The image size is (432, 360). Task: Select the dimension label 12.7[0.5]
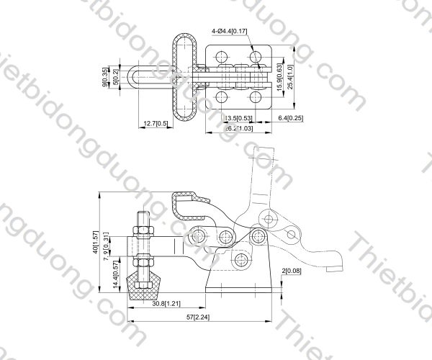(x=156, y=124)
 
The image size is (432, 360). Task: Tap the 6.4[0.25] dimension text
(x=289, y=118)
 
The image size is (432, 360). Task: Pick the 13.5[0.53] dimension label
(x=238, y=118)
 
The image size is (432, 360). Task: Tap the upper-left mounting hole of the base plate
(x=222, y=55)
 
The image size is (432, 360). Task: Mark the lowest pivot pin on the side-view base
(x=241, y=259)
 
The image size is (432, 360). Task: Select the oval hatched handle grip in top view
(x=182, y=76)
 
